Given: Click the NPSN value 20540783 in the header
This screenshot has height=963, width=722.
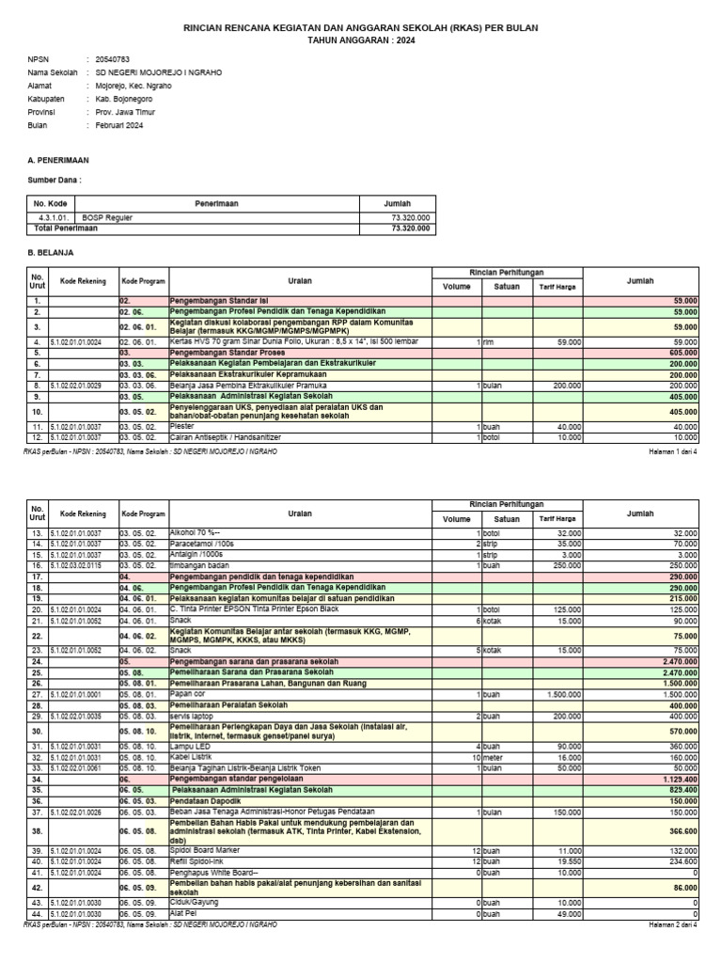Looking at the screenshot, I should [112, 58].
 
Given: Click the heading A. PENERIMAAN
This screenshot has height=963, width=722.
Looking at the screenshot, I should [58, 161].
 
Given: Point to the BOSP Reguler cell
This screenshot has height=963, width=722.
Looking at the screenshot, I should [108, 217].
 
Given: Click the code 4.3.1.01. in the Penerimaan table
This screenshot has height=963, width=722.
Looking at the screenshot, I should [48, 217].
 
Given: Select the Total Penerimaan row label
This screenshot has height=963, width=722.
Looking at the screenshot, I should [66, 228].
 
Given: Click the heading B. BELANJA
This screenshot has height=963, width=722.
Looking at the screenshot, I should [51, 253].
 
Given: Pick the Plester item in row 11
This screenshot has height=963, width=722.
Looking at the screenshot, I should [181, 426].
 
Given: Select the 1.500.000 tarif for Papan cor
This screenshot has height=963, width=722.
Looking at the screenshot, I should [562, 694].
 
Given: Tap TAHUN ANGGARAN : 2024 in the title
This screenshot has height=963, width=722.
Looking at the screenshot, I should [361, 41].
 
